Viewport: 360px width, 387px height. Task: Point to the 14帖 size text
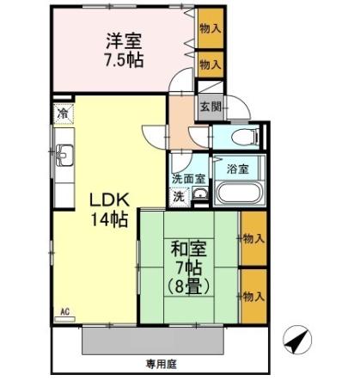tap(110, 219)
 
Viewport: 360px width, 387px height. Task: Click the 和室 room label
tap(186, 250)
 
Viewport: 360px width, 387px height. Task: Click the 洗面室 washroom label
tap(187, 179)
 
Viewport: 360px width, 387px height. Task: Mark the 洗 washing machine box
tap(179, 195)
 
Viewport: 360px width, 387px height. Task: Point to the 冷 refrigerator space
tap(63, 112)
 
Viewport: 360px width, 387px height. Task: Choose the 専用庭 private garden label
tap(161, 364)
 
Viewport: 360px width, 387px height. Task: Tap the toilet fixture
tap(236, 138)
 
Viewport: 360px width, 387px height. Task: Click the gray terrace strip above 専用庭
tap(155, 341)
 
